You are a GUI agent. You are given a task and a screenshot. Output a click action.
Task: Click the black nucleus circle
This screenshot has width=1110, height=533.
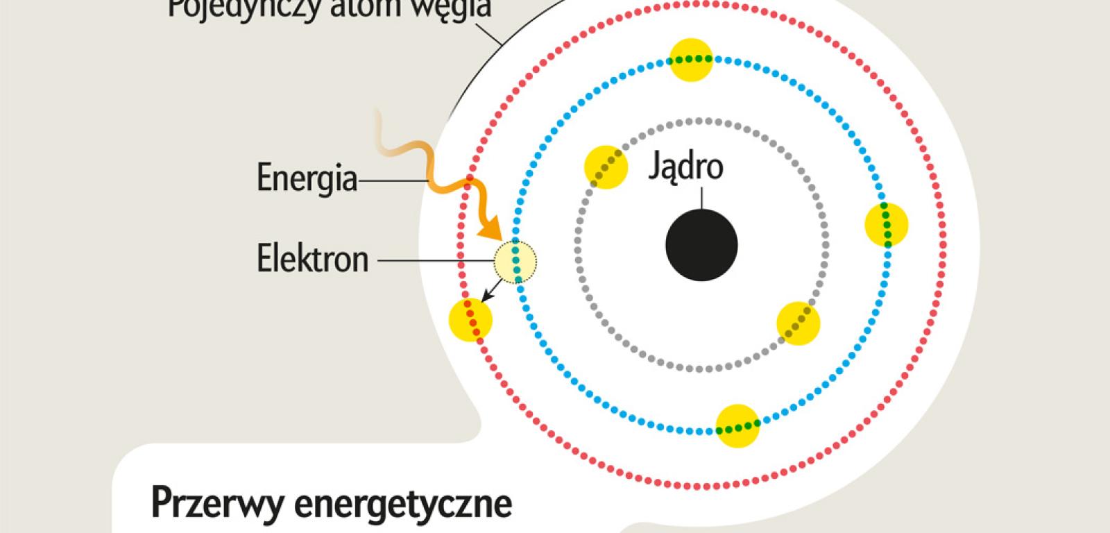coord(701,244)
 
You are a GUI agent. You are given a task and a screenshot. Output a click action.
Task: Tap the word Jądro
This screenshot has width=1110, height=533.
coord(685,167)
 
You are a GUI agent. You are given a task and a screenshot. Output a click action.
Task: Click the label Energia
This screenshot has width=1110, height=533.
coord(307,178)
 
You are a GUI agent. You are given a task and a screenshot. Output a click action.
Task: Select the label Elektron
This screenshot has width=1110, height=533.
coord(312,259)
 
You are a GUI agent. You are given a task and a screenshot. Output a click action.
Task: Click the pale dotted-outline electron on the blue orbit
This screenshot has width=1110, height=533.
coord(515,262)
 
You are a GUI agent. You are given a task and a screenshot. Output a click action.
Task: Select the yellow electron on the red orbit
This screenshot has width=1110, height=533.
coord(470,320)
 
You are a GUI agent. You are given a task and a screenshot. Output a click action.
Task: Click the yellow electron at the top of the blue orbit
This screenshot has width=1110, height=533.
coord(692,59)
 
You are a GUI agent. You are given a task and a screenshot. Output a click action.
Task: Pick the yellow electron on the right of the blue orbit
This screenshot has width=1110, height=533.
coord(887,225)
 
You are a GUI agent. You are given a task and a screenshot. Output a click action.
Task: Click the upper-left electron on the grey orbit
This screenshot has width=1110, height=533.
coord(606,167)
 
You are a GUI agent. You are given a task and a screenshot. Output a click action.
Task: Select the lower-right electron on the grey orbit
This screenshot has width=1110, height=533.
coord(798,323)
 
